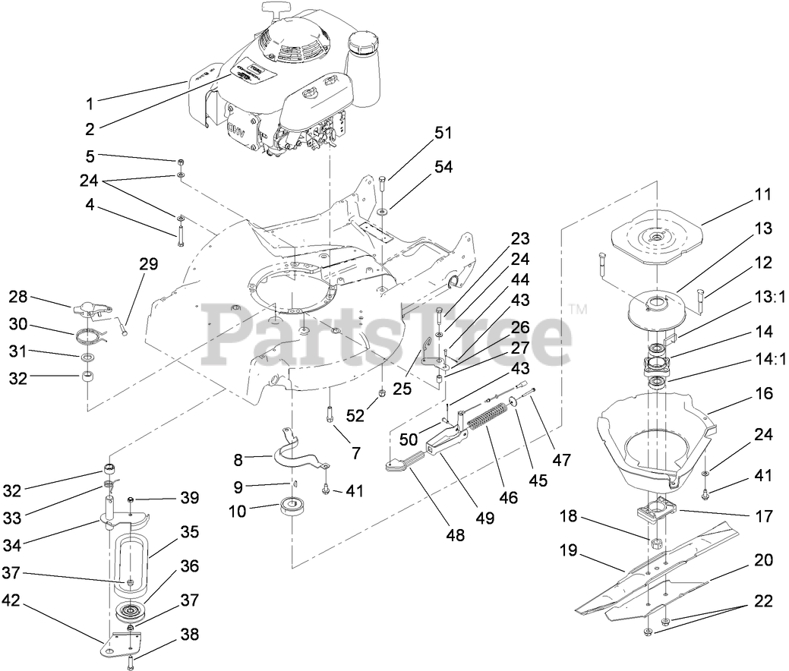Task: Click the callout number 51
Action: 443,133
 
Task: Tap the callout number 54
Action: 443,167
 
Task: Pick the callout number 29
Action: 148,264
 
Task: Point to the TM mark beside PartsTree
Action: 579,310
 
